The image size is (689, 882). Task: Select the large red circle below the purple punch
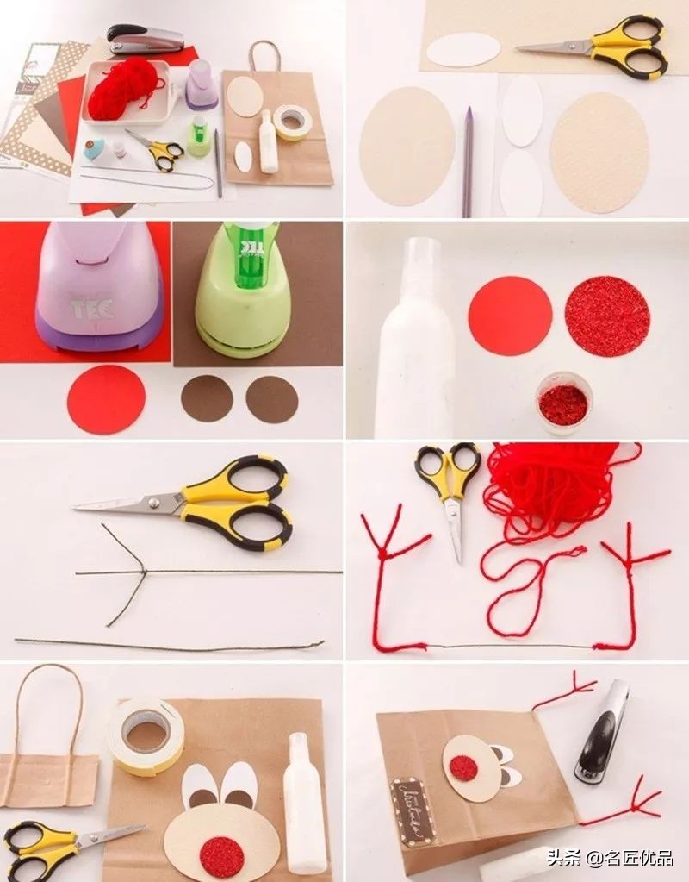pyautogui.click(x=106, y=399)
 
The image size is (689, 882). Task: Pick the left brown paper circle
pyautogui.click(x=207, y=398)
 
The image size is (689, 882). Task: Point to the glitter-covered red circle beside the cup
pyautogui.click(x=607, y=316)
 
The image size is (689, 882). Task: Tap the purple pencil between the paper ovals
pyautogui.click(x=467, y=161)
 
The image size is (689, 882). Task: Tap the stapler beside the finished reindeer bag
pyautogui.click(x=603, y=731)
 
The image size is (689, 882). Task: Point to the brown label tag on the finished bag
pyautogui.click(x=412, y=810)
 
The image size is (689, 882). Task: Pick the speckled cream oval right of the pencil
pyautogui.click(x=599, y=152)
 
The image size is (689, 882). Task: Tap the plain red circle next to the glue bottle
pyautogui.click(x=510, y=316)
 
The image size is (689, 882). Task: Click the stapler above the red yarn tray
pyautogui.click(x=146, y=38)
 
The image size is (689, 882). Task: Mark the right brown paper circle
pyautogui.click(x=272, y=399)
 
